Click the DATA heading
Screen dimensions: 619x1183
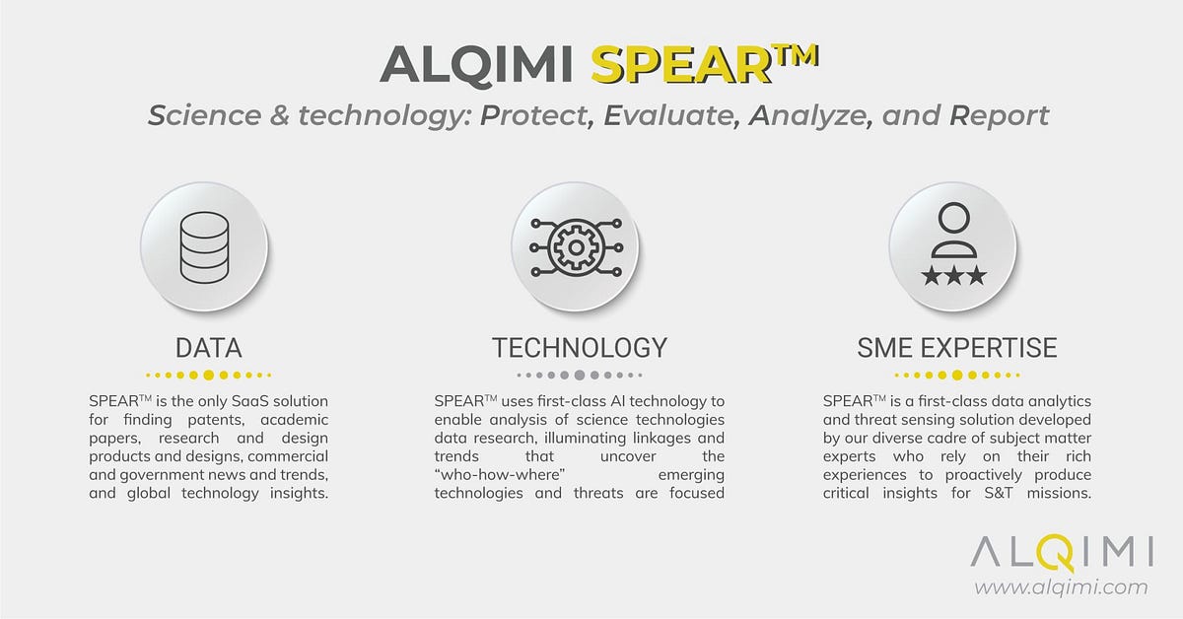tap(208, 347)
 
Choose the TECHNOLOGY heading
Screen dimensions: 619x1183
tap(580, 347)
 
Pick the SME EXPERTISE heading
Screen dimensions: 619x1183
tap(956, 347)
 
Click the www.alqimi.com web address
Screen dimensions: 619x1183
tap(1061, 587)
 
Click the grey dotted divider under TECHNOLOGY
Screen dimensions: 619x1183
tap(580, 375)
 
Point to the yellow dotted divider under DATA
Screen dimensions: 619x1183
tap(208, 375)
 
